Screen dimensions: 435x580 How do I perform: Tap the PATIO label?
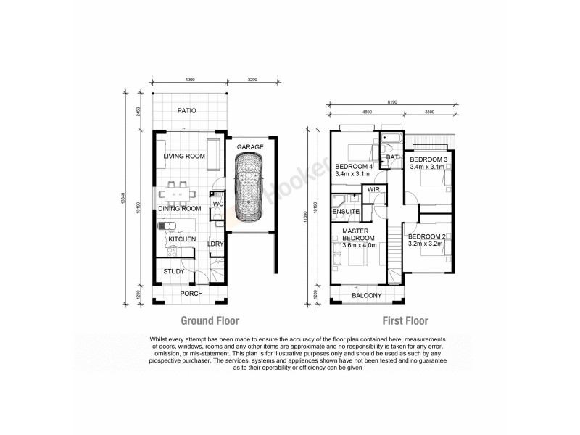(x=188, y=110)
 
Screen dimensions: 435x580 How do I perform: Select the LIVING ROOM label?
(x=181, y=156)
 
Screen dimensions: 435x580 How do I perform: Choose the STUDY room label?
(x=173, y=271)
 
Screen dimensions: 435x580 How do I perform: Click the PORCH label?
(x=191, y=294)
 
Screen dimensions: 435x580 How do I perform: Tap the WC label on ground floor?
(x=217, y=204)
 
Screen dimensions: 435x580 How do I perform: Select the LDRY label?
(x=215, y=244)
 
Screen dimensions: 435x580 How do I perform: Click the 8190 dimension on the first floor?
(x=391, y=104)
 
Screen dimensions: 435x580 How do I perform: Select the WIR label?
(x=375, y=189)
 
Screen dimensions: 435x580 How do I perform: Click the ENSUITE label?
(x=347, y=211)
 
